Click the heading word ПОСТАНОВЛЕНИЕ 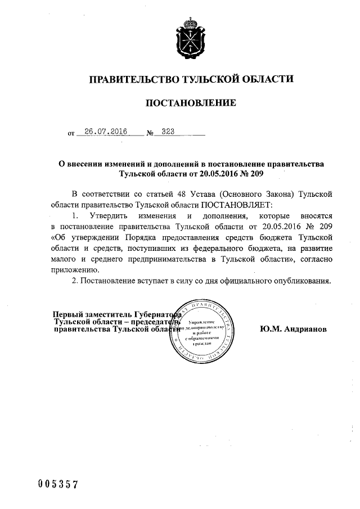[191, 103]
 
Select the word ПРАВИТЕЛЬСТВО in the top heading [130, 79]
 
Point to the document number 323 [168, 132]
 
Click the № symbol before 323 [150, 134]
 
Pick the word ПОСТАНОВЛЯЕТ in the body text [235, 203]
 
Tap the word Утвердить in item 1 [110, 215]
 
